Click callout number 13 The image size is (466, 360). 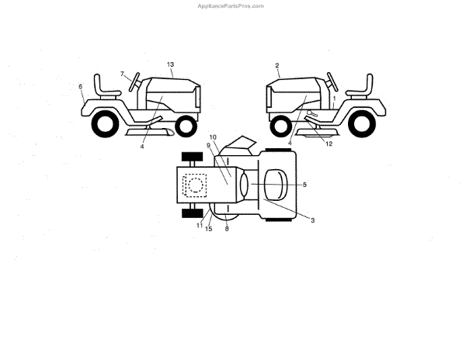point(171,63)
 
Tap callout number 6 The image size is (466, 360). point(80,87)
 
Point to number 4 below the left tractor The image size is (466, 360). point(143,146)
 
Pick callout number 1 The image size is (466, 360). point(334,99)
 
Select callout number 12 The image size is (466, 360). point(329,144)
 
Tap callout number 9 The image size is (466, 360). point(209,146)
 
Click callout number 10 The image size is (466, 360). point(214,137)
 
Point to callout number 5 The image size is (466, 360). point(304,185)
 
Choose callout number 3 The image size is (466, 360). point(312,221)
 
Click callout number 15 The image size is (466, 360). point(209,229)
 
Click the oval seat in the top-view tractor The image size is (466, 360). point(276,185)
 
